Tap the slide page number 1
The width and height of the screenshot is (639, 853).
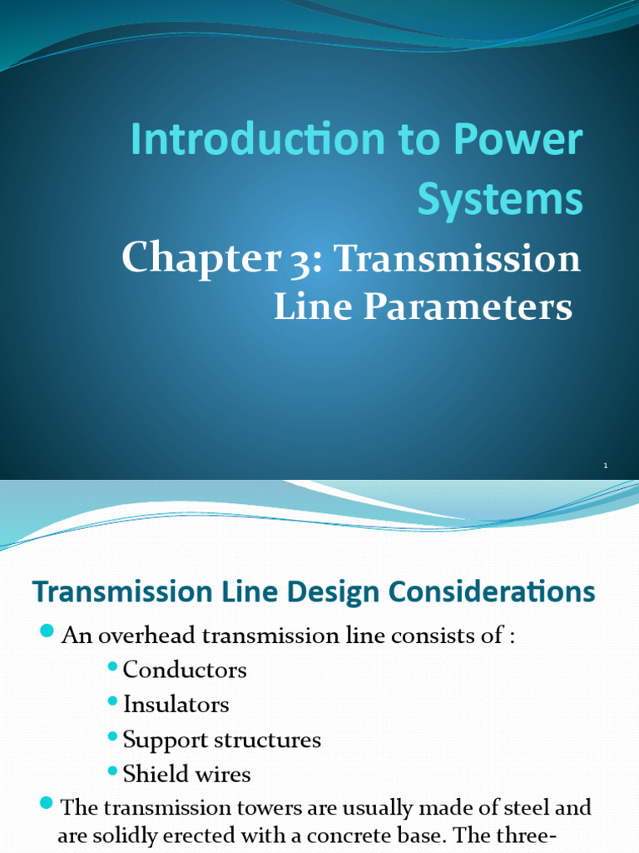tap(606, 466)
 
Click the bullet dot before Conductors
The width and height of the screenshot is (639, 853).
tap(113, 667)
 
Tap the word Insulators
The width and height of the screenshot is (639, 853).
tap(176, 704)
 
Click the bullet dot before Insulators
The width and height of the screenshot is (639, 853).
tap(113, 702)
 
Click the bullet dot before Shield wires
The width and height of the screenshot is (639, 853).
tap(113, 772)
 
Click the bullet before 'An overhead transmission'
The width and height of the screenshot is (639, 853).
tap(47, 632)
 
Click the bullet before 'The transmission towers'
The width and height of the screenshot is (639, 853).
tap(47, 805)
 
